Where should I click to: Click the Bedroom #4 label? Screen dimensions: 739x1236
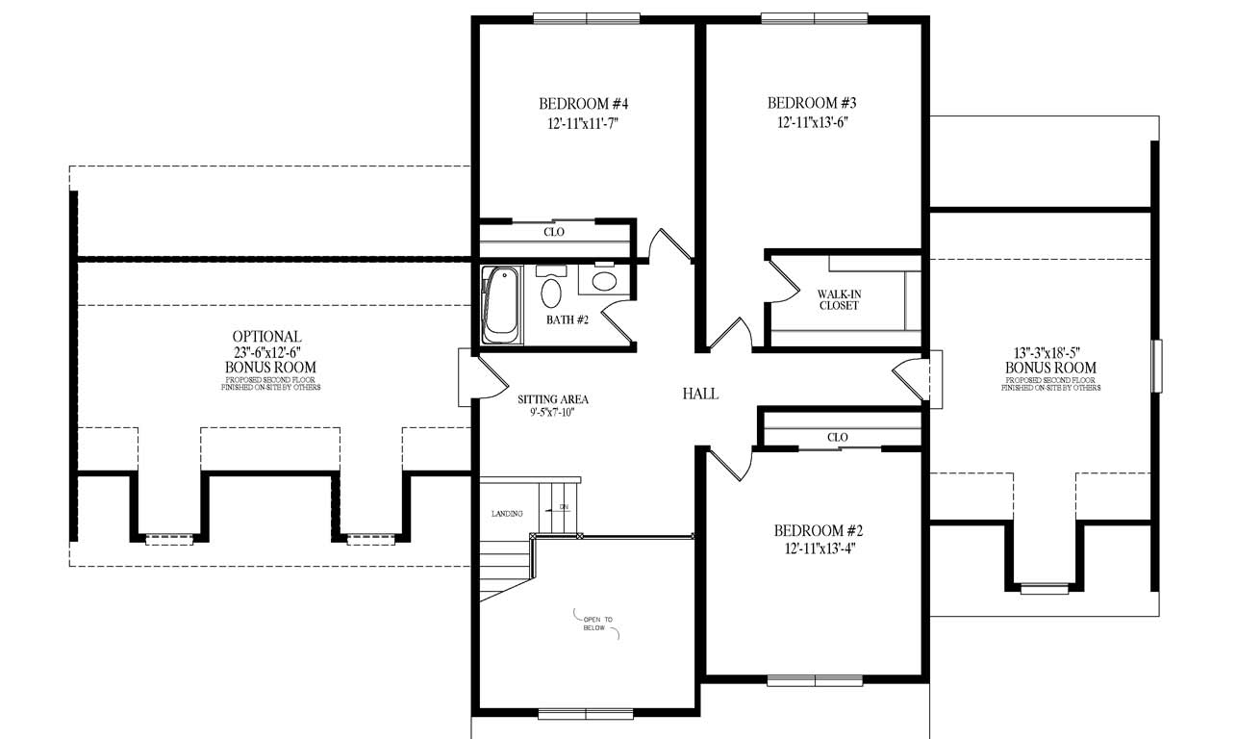[x=583, y=104]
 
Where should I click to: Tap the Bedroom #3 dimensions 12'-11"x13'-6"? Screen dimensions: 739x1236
[x=811, y=122]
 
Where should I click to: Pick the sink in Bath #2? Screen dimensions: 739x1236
[x=604, y=281]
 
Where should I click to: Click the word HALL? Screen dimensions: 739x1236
[x=700, y=394]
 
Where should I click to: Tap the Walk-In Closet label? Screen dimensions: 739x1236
[x=838, y=299]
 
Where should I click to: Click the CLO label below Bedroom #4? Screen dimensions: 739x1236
[x=554, y=232]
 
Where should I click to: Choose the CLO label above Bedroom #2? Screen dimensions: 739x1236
[x=837, y=437]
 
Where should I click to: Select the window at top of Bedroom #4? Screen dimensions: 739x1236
[x=586, y=18]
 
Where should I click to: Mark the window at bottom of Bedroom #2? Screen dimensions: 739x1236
[x=816, y=680]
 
